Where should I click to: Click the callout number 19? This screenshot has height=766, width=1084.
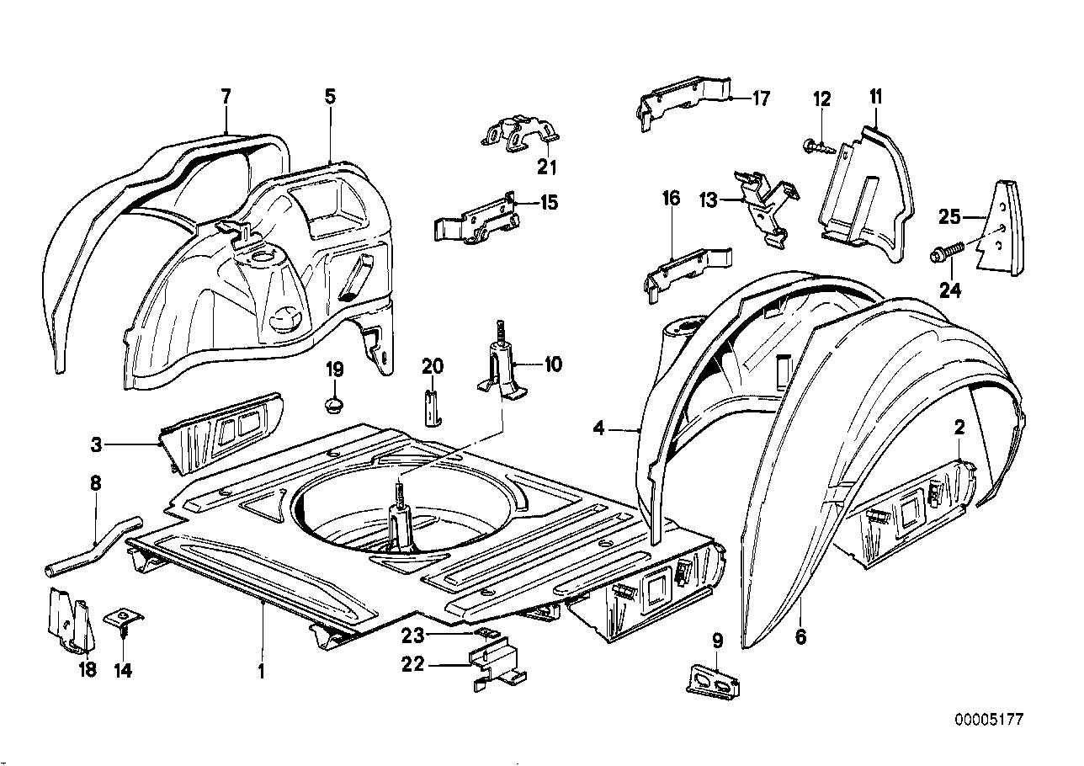point(334,368)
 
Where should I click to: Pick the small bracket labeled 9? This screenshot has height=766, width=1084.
point(713,680)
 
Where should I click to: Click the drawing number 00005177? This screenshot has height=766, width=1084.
point(989,721)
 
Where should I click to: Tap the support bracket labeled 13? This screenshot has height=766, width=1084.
point(768,207)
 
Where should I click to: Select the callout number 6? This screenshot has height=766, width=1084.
point(800,637)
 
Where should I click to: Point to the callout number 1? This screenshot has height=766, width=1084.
point(262,672)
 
